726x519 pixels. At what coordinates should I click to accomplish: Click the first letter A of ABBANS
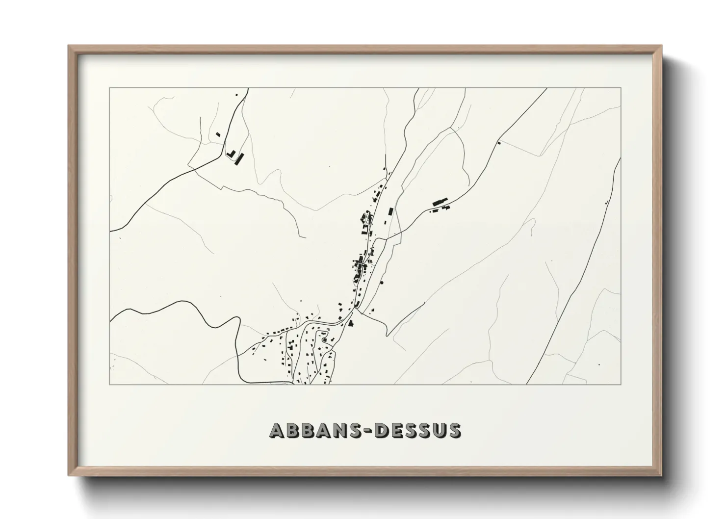[x=278, y=430]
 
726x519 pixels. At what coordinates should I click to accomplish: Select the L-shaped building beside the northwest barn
[x=231, y=154]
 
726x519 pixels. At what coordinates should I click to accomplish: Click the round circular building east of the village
[x=382, y=282]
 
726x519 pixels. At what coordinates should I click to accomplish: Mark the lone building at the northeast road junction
[x=498, y=143]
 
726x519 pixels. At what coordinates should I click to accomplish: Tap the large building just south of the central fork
[x=351, y=322]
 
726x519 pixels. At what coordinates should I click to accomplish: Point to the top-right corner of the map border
[x=621, y=88]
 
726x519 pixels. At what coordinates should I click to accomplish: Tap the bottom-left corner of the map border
[x=110, y=384]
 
